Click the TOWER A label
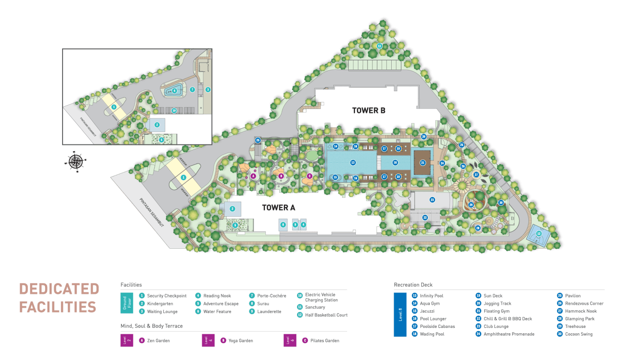pyautogui.click(x=278, y=207)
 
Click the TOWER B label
pyautogui.click(x=368, y=110)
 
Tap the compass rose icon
pyautogui.click(x=75, y=161)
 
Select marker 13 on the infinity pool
pyautogui.click(x=353, y=162)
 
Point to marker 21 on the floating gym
pyautogui.click(x=422, y=162)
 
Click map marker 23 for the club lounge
pyautogui.click(x=432, y=200)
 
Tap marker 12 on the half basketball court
pyautogui.click(x=539, y=234)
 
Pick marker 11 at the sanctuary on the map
pyautogui.click(x=379, y=46)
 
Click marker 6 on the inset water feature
pyautogui.click(x=175, y=90)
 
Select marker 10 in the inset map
pyautogui.click(x=174, y=110)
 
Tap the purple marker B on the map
pyautogui.click(x=281, y=176)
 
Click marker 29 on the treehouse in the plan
pyautogui.click(x=471, y=205)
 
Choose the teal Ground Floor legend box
pyautogui.click(x=126, y=303)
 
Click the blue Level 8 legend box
pyautogui.click(x=400, y=315)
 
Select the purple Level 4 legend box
pyautogui.click(x=207, y=340)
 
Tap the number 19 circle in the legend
pyautogui.click(x=478, y=296)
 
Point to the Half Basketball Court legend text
pyautogui.click(x=326, y=315)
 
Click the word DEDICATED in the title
pyautogui.click(x=59, y=289)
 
